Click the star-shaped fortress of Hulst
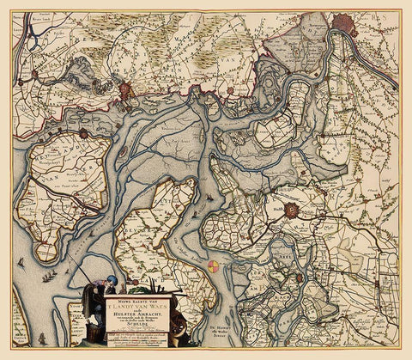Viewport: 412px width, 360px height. [292, 210]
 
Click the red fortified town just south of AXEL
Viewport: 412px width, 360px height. [296, 280]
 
